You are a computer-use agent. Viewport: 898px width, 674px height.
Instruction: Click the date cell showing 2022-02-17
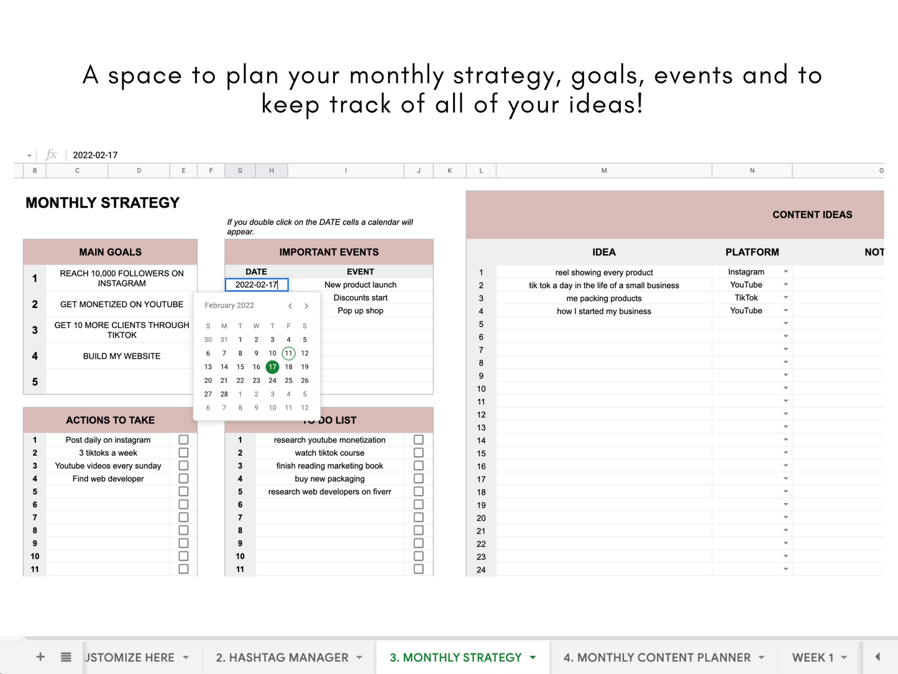coord(256,285)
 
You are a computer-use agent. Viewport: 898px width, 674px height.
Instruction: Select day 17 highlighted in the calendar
coord(272,367)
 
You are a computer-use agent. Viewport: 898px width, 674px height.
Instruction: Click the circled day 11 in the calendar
coord(288,353)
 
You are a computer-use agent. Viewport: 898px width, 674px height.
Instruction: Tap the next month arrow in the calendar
coord(306,306)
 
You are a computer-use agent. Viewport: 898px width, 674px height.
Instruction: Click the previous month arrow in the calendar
coord(290,306)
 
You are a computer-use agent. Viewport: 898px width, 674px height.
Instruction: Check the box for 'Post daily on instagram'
coord(183,440)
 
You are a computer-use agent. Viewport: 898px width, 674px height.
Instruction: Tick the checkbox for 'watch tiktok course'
coord(418,453)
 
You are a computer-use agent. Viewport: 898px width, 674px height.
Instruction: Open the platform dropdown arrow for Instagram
coord(786,272)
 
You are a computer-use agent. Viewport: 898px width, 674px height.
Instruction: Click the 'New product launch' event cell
coord(360,285)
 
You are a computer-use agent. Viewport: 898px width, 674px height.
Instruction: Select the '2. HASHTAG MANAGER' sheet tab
coord(282,657)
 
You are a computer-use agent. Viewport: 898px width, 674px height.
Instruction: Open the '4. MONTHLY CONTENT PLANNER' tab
coord(657,657)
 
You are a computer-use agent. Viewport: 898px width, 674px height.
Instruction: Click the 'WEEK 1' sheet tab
coord(813,657)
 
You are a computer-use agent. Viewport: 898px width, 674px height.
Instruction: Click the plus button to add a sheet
coord(40,657)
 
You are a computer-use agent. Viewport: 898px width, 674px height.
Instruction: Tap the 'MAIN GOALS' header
coord(110,252)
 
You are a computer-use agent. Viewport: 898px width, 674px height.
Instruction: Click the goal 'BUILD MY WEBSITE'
coord(122,356)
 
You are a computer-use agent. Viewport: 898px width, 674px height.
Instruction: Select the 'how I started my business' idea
coord(603,311)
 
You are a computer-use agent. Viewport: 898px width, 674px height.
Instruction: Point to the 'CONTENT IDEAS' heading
coord(812,215)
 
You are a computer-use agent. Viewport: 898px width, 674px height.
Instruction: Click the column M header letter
coord(603,170)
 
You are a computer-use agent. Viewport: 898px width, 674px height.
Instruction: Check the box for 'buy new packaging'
coord(418,479)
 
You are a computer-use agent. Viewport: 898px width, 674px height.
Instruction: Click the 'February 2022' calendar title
coord(229,305)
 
